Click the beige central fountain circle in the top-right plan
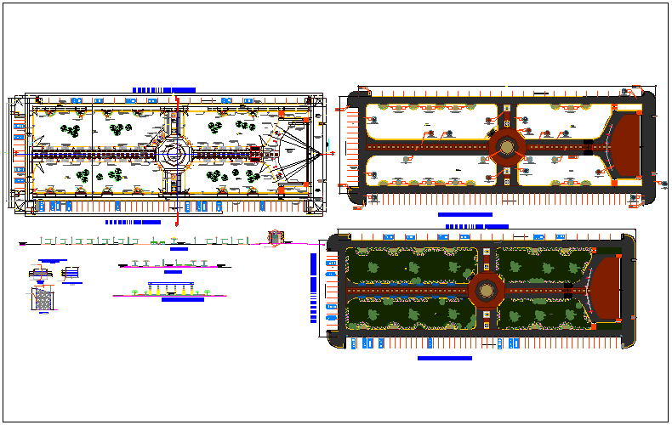pyautogui.click(x=507, y=147)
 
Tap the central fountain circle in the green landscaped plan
pyautogui.click(x=487, y=291)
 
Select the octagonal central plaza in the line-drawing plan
pyautogui.click(x=176, y=154)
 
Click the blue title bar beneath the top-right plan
pyautogui.click(x=465, y=215)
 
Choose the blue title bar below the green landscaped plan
pyautogui.click(x=444, y=359)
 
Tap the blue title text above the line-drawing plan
pyautogui.click(x=164, y=89)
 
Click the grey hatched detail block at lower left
pyautogui.click(x=43, y=299)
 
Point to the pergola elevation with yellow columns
pyautogui.click(x=173, y=288)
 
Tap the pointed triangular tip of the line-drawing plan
pyautogui.click(x=323, y=154)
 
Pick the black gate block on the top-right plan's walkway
pyautogui.click(x=589, y=148)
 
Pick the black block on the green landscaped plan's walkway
pyautogui.click(x=568, y=291)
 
